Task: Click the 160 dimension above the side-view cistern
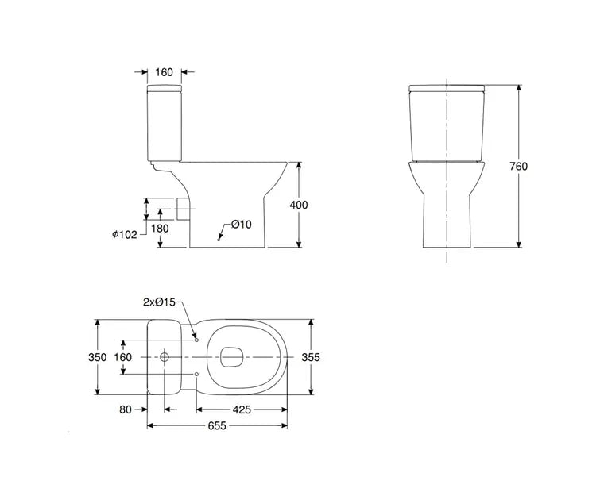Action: point(164,73)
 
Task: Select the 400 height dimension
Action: point(299,205)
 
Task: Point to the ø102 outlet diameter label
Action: point(125,234)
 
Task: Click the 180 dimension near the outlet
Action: point(159,229)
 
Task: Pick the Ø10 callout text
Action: point(242,225)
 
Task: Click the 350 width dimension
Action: point(96,357)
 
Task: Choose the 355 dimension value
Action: point(311,357)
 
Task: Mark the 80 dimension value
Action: point(124,409)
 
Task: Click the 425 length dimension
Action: point(242,409)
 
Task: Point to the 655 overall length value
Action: point(217,426)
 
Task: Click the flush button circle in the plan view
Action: point(165,357)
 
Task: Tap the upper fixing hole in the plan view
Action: point(196,340)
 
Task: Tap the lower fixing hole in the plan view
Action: point(196,374)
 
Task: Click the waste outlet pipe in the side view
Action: point(183,209)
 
